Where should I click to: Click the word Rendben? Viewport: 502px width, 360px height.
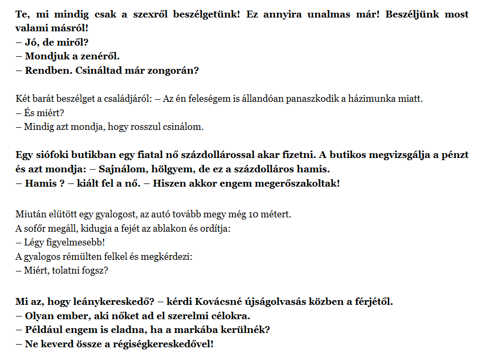(x=44, y=69)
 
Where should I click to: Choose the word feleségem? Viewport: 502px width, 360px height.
(x=211, y=99)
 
